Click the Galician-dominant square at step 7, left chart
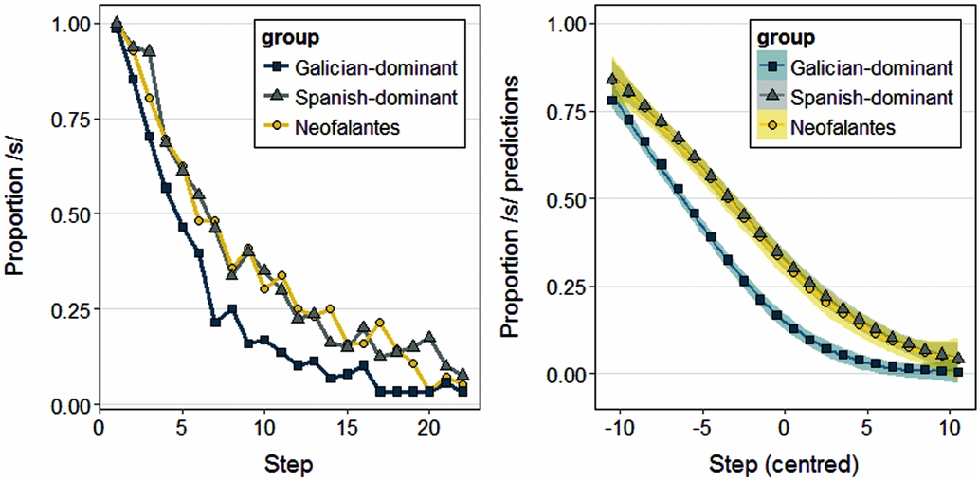pos(215,323)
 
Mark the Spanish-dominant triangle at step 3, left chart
pos(149,49)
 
